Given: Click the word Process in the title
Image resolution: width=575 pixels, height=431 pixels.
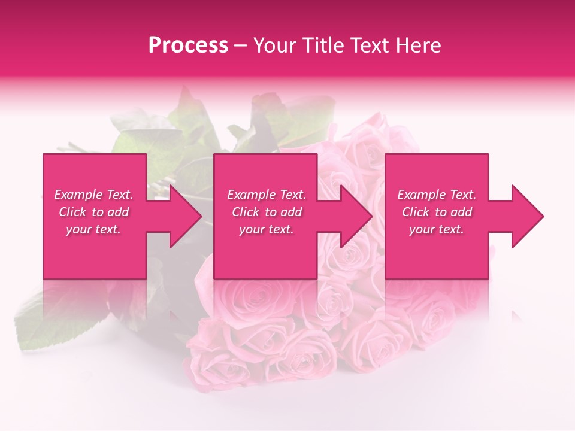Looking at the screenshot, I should [188, 45].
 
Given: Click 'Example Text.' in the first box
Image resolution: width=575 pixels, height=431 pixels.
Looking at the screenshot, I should [93, 195].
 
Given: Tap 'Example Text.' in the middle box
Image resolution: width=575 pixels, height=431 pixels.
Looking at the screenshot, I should [267, 195].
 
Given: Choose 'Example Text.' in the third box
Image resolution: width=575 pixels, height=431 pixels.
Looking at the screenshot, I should [437, 195].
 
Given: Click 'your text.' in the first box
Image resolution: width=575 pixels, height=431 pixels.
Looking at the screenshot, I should [93, 229].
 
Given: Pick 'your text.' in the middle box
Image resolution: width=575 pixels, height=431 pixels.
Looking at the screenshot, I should [267, 229].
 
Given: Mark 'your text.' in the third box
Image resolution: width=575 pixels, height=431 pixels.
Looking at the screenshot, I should [437, 229].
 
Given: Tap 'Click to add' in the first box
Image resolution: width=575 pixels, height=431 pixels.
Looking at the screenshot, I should [93, 212].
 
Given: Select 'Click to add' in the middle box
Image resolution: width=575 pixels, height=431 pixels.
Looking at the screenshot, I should [267, 212].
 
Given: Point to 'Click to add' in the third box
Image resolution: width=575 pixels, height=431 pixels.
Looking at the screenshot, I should [437, 212].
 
